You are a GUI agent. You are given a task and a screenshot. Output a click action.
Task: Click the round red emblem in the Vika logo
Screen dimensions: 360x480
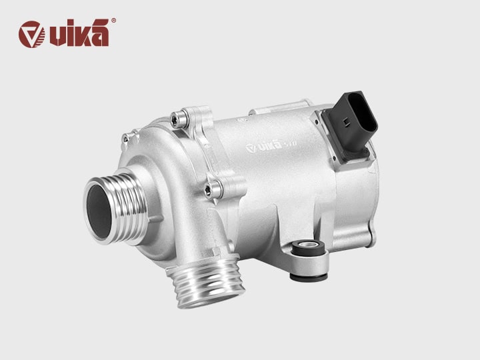(31, 35)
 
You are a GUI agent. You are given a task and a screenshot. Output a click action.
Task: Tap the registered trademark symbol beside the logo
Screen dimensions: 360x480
(113, 21)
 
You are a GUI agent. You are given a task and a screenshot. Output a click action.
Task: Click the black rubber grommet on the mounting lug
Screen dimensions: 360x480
(308, 253)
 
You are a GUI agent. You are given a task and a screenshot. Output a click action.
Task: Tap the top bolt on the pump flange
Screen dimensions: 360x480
(176, 118)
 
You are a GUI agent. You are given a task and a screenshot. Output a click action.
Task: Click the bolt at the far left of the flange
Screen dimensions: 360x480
(125, 139)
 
